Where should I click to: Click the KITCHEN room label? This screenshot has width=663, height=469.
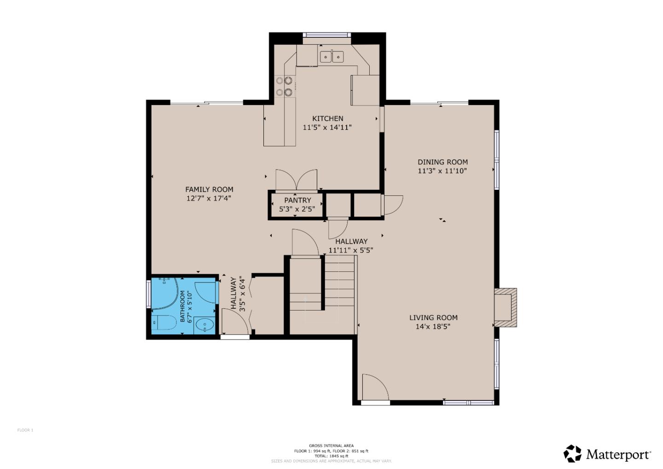point(327,118)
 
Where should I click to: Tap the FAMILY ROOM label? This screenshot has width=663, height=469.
point(209,189)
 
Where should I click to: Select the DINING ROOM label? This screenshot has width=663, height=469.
point(442,162)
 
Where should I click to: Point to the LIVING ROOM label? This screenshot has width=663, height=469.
point(433,317)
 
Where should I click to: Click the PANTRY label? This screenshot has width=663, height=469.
point(297,200)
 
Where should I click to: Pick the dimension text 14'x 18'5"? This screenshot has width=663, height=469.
point(433,327)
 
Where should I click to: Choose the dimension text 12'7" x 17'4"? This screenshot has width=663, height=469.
point(209,199)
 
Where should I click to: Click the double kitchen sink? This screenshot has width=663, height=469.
point(332,57)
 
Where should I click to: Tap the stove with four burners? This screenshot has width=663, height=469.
point(285,87)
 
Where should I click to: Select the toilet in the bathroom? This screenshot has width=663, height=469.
point(164,322)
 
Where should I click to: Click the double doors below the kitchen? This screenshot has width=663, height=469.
point(296,180)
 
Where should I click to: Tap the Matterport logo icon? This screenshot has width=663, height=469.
point(573,454)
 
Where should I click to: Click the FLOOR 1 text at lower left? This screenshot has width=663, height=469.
point(25,430)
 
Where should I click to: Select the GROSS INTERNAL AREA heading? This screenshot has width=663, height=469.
point(331,446)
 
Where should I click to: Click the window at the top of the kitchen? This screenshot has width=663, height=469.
point(327,35)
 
